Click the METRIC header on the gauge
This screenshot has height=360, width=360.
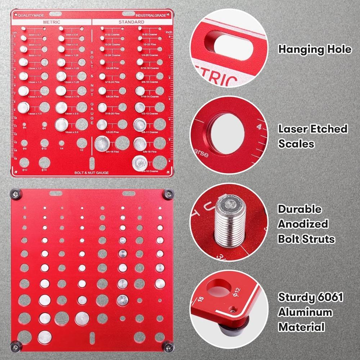pyautogui.click(x=51, y=22)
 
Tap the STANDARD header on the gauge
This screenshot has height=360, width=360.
pyautogui.click(x=131, y=22)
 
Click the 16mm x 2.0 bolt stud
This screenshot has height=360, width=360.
pyautogui.click(x=62, y=125)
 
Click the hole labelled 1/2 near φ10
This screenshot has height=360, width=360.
pyautogui.click(x=81, y=143)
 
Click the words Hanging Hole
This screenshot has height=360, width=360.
pyautogui.click(x=315, y=49)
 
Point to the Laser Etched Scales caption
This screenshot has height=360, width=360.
pyautogui.click(x=312, y=136)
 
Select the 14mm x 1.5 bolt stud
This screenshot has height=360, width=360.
pyautogui.click(x=24, y=107)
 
